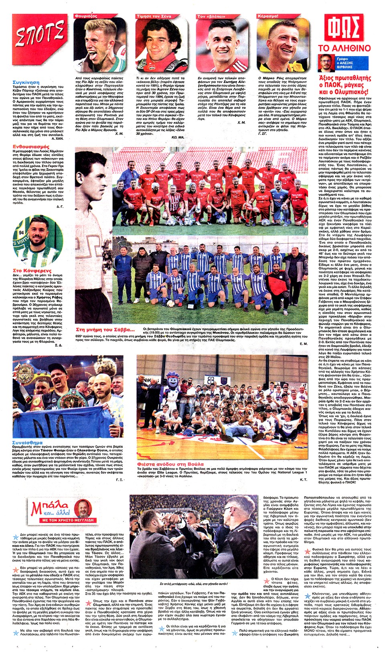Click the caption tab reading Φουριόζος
click(x=86, y=16)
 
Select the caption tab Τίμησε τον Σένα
click(x=154, y=16)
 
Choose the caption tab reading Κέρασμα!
click(x=268, y=16)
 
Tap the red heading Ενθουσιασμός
click(x=31, y=147)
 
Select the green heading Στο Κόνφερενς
click(x=32, y=270)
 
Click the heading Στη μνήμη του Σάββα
click(x=105, y=330)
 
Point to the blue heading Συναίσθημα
click(x=27, y=442)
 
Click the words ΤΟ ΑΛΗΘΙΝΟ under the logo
click(x=344, y=48)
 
